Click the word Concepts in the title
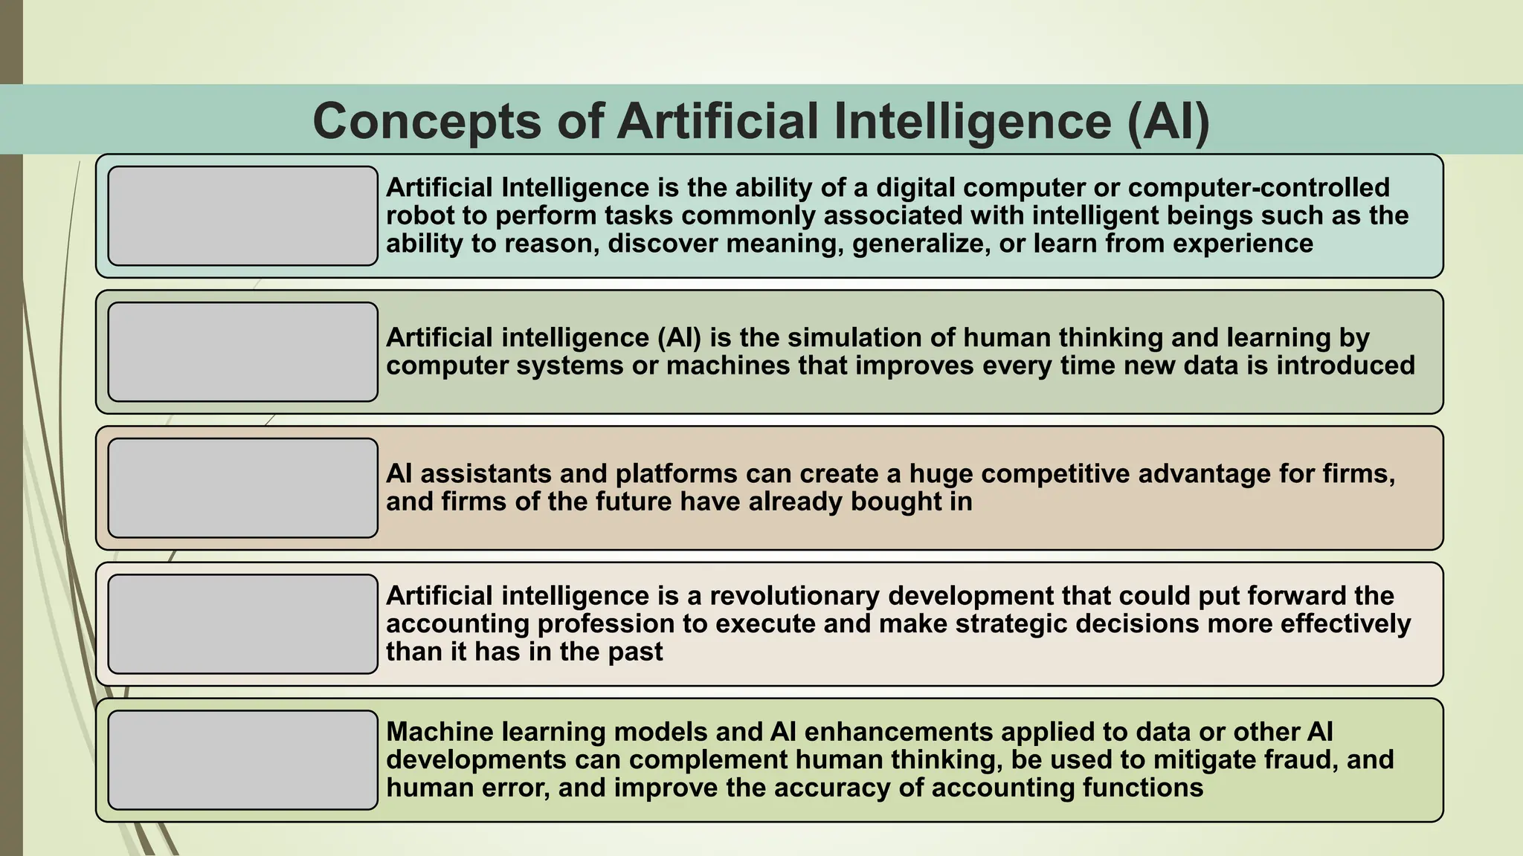(x=427, y=121)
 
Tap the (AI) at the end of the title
(x=1168, y=121)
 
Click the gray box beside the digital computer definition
(x=242, y=215)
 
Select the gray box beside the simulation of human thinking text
(x=242, y=351)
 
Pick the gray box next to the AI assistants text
(x=242, y=487)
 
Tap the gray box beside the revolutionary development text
(x=242, y=623)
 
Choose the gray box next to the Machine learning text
(x=242, y=759)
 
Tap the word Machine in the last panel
(x=439, y=732)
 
